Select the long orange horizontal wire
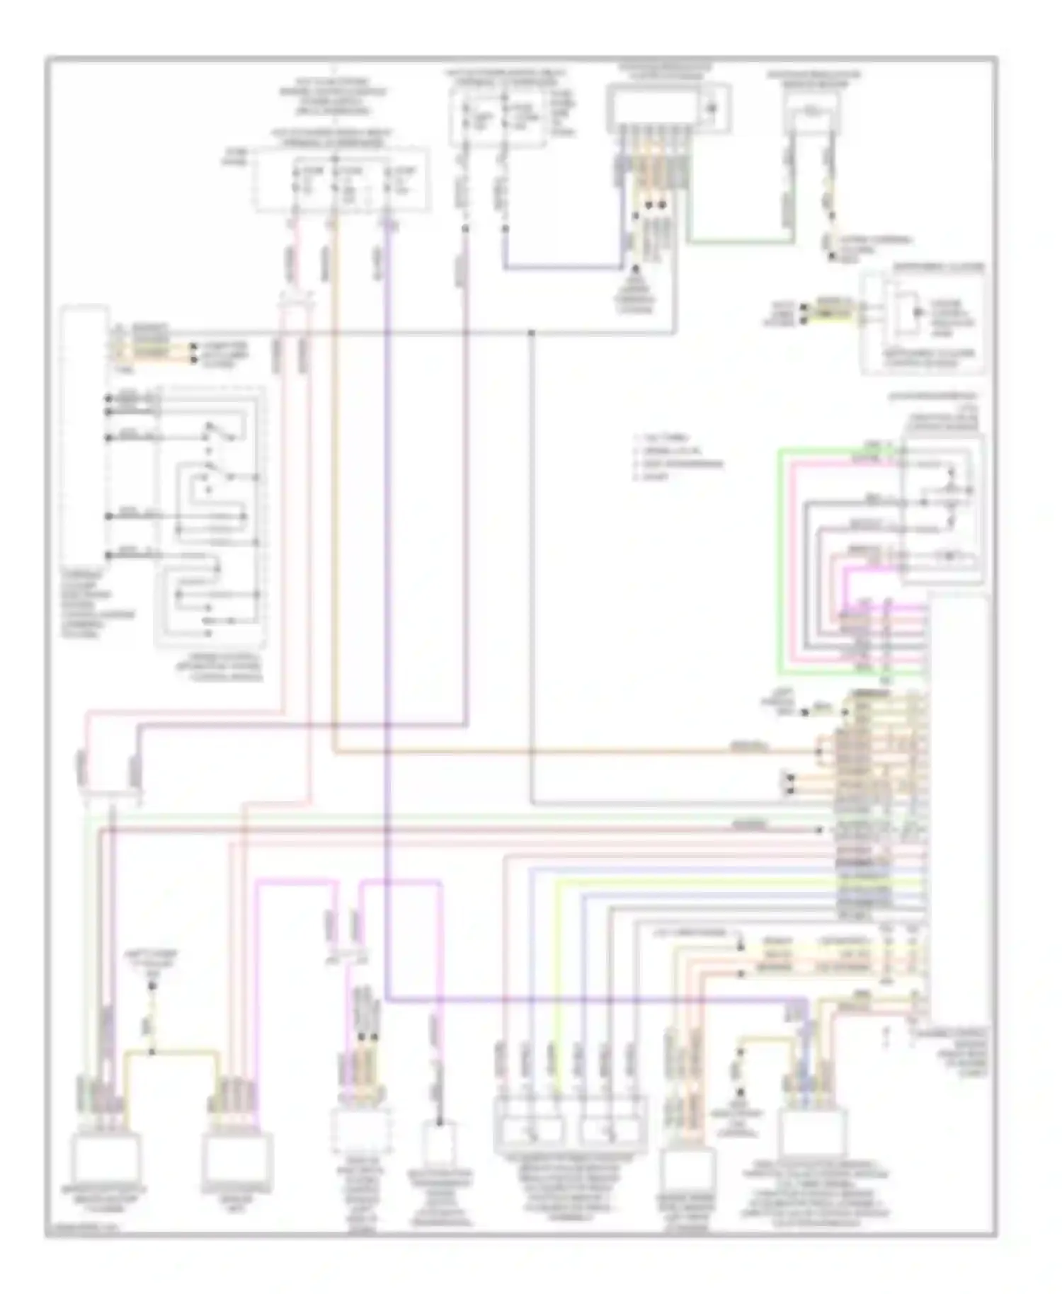[566, 752]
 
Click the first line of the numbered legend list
[662, 439]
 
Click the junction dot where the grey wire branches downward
[531, 332]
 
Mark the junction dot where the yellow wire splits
[152, 1053]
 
